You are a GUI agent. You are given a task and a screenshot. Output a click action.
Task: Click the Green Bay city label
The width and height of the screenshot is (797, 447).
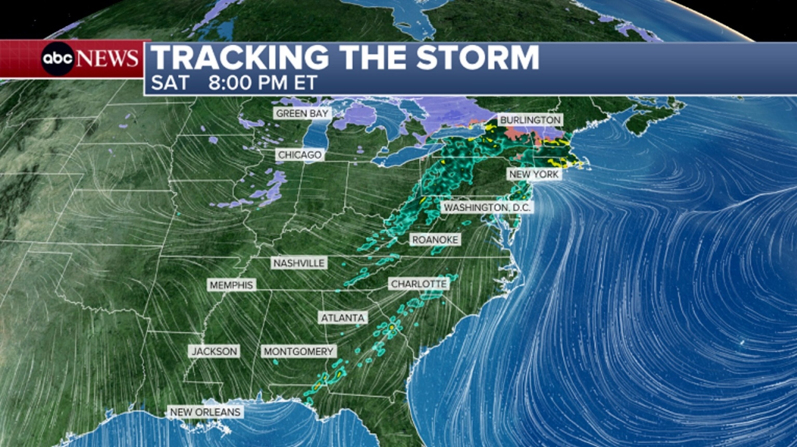tap(302, 114)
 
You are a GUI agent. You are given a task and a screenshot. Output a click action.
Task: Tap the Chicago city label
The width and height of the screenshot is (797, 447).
tap(299, 155)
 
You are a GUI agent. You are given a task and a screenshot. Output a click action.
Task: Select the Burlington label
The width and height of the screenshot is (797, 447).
tap(530, 120)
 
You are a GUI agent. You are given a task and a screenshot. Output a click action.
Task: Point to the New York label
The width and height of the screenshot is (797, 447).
tap(534, 174)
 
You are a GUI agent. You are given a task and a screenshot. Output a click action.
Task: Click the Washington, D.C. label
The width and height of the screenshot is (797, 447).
tap(487, 207)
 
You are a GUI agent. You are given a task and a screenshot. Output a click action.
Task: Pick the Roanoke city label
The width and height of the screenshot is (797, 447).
tap(435, 239)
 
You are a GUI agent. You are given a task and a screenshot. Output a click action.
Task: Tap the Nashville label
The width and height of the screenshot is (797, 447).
tap(299, 263)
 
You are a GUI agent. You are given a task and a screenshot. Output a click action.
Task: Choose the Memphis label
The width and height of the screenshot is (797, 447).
tap(231, 285)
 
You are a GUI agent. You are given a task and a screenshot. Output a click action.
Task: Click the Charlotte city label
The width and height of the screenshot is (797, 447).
tap(419, 284)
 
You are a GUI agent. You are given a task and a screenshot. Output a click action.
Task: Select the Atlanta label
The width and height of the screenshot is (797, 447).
tap(343, 318)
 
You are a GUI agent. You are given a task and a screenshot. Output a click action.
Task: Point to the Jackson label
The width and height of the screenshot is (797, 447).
tap(214, 351)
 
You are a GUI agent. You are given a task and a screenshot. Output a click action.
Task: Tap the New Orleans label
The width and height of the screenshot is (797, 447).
tap(205, 412)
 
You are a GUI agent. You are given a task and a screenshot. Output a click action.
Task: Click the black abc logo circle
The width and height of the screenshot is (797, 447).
tap(58, 58)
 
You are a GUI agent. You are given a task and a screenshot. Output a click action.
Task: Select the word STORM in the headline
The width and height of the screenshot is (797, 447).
tap(478, 58)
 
